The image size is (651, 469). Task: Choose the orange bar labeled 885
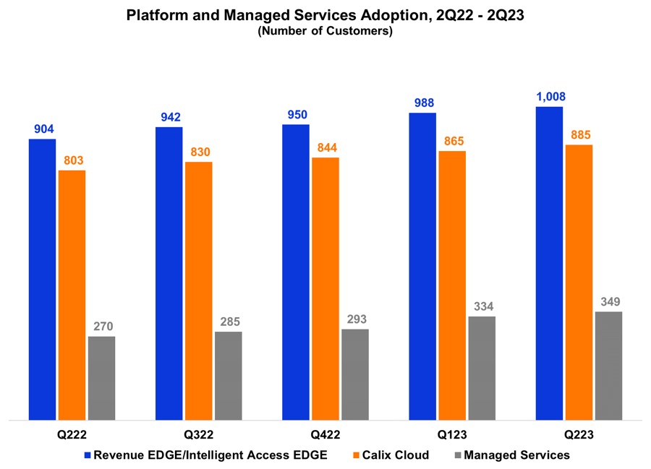[579, 282]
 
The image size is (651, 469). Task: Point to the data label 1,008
[550, 97]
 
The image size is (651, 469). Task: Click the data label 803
[72, 160]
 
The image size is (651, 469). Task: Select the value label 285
[229, 322]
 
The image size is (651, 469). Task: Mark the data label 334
[482, 306]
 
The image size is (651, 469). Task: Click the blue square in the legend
[88, 455]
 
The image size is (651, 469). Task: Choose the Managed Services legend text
[516, 455]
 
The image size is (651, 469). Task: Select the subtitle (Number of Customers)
[325, 31]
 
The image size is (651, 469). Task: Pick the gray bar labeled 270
[102, 378]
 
